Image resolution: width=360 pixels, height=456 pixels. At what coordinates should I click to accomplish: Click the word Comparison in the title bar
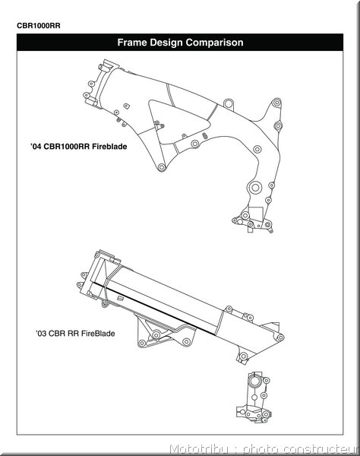point(214,43)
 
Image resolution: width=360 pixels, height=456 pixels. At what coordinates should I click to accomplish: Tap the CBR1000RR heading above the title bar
point(39,26)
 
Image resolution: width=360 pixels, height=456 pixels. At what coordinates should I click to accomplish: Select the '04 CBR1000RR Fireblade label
point(79,146)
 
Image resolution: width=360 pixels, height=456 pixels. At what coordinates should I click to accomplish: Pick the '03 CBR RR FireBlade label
point(75,334)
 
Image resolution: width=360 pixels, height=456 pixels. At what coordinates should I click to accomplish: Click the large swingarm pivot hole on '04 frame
point(255,188)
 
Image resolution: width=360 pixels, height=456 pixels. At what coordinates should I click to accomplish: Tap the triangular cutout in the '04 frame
point(178,121)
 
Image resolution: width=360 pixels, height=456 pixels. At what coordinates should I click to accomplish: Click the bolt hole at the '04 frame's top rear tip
point(277,103)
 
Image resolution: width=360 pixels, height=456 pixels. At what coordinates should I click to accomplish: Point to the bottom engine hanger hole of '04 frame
point(162,167)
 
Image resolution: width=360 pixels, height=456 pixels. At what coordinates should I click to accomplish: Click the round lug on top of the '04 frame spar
point(229,103)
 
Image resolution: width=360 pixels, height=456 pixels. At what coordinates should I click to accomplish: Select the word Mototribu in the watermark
point(199,448)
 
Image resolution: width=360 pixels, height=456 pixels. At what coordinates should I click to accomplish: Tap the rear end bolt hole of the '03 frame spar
point(280,337)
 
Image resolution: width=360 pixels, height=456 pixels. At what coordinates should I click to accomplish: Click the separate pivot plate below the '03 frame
point(254,397)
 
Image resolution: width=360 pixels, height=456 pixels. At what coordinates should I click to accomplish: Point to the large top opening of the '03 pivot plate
point(255,381)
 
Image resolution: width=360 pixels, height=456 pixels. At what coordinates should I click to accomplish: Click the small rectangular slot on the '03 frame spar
point(120,298)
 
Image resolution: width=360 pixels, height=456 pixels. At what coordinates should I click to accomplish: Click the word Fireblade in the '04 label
point(109,146)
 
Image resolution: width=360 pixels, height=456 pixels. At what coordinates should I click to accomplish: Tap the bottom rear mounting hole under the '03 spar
point(243,356)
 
